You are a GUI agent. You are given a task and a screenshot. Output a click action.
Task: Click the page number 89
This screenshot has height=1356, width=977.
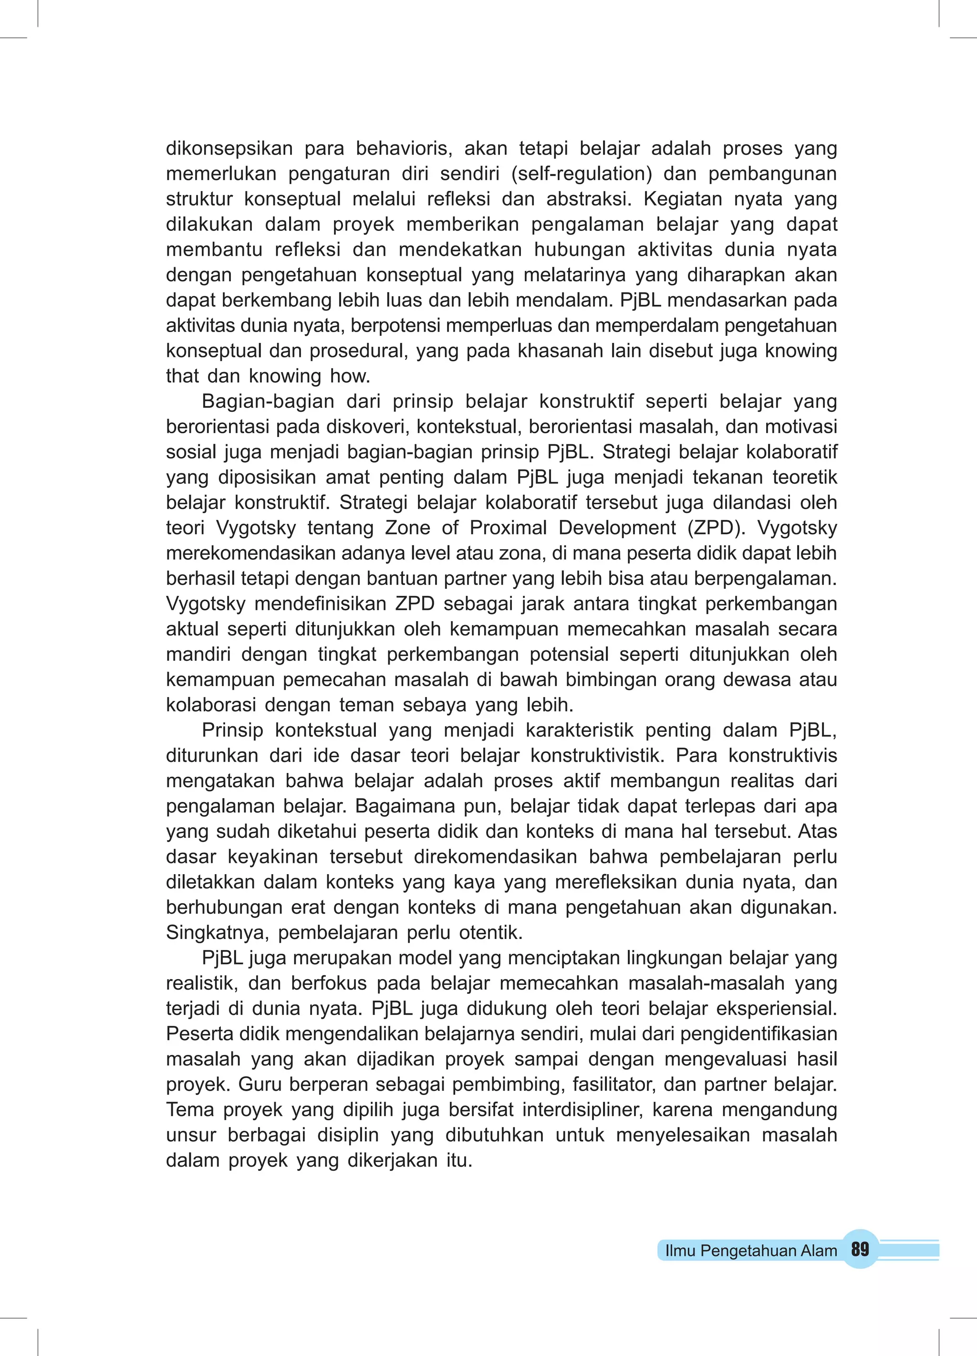[x=860, y=1250]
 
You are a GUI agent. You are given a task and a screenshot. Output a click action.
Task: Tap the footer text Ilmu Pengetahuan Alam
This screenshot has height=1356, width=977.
[x=751, y=1251]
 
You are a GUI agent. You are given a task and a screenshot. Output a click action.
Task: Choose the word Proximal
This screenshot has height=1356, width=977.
[x=508, y=528]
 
